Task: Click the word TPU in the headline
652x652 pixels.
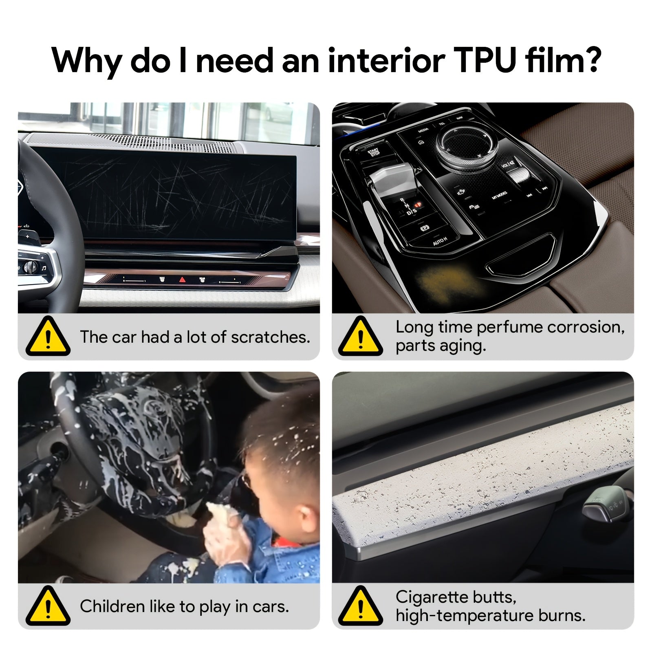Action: tap(485, 60)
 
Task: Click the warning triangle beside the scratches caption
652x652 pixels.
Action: tap(48, 337)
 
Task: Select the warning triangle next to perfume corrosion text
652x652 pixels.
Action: tap(360, 337)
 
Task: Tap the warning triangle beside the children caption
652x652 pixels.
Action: tap(48, 606)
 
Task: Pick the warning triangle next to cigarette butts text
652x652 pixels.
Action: tap(360, 606)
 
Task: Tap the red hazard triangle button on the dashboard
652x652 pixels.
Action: tap(182, 280)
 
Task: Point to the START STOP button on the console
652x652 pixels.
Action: tap(373, 153)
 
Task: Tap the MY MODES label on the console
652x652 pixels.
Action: tap(499, 195)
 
